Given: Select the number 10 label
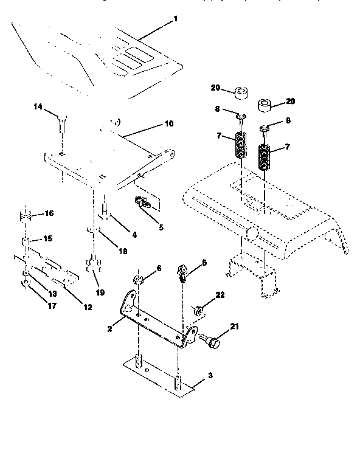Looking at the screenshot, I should tap(168, 123).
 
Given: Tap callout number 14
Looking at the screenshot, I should tap(38, 107).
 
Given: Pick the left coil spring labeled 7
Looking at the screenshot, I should tap(241, 147).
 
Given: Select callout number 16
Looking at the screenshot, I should tap(49, 213).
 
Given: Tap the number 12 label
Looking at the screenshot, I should tap(88, 308).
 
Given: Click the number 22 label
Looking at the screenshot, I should tap(220, 295).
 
